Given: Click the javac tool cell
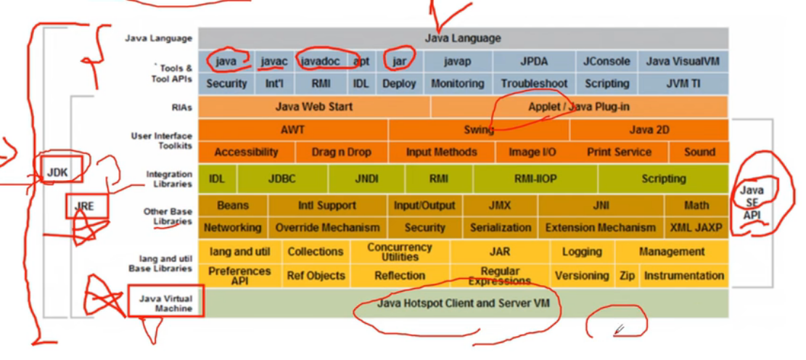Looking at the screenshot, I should click(275, 62).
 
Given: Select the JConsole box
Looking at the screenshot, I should click(606, 62).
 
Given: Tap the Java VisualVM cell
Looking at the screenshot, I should click(683, 62).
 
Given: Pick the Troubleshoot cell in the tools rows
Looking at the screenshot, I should click(534, 83).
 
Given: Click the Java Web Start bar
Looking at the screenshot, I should click(314, 107).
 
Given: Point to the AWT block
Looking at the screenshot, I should click(292, 130).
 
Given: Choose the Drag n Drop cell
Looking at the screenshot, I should click(341, 152).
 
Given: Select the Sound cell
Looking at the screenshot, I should click(699, 152).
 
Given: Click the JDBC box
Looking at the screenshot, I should click(282, 179).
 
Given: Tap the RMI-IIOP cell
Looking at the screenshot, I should click(535, 179).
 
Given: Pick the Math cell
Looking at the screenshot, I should click(696, 205).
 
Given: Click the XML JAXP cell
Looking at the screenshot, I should click(696, 227).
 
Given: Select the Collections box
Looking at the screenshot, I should click(315, 252).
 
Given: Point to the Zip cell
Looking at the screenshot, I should click(627, 276).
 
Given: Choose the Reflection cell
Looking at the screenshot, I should click(400, 276).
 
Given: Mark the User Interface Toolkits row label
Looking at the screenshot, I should click(162, 140).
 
